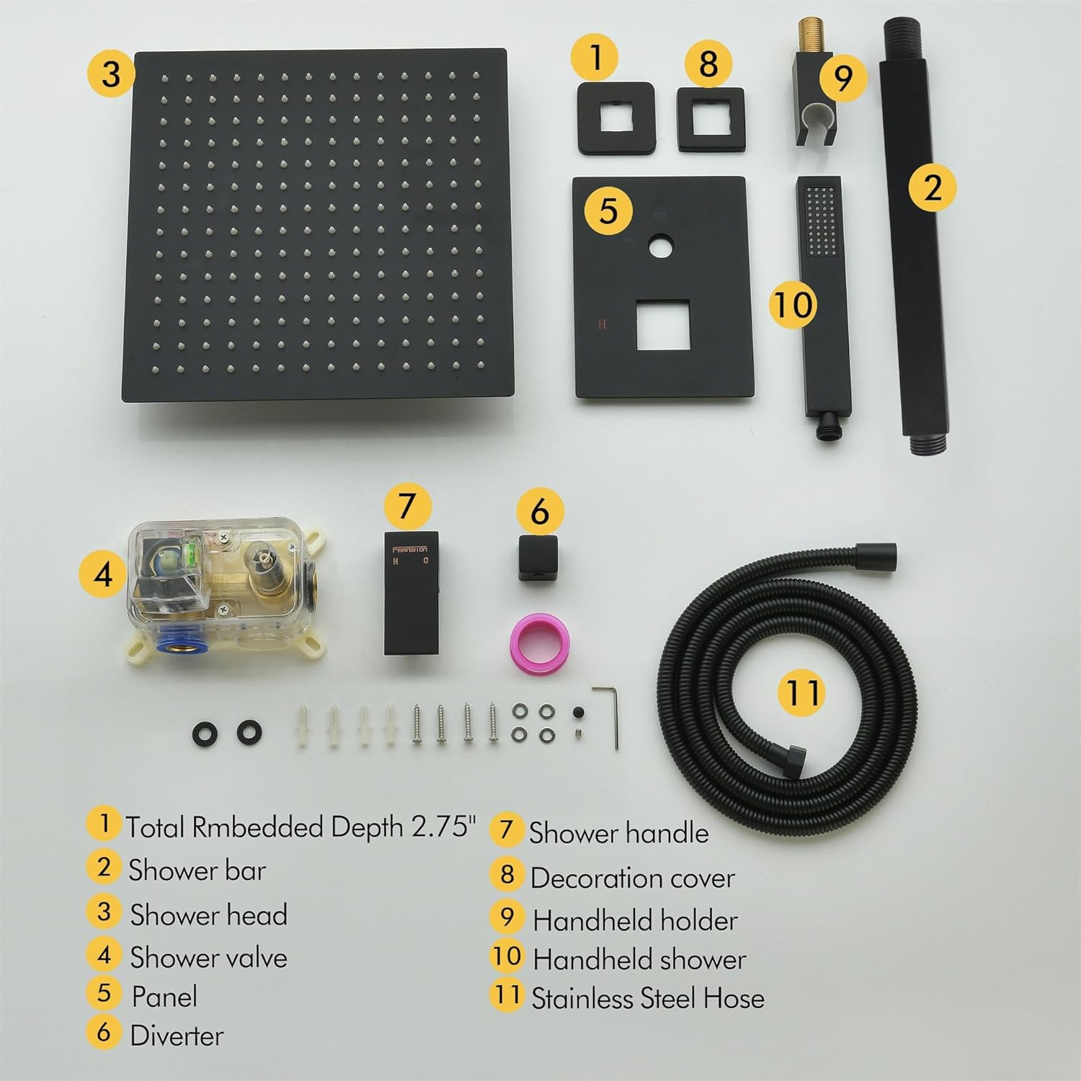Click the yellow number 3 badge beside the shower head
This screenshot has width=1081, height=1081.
[x=110, y=74]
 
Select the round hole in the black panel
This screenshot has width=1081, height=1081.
[x=659, y=248]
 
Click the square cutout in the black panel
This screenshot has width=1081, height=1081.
[x=663, y=326]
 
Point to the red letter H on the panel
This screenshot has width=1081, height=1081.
[x=602, y=324]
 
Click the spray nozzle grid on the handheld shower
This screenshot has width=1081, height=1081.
[x=822, y=221]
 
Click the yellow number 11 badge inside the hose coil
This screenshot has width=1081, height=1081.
[x=803, y=693]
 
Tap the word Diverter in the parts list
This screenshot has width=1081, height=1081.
[x=177, y=1036]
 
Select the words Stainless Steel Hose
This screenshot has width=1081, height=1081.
[x=648, y=998]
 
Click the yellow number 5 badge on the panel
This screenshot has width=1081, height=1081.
[x=609, y=210]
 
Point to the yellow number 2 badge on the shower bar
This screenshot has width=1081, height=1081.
[x=933, y=187]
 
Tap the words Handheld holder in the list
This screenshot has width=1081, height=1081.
[x=635, y=920]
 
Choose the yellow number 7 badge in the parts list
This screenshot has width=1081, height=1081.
[x=507, y=830]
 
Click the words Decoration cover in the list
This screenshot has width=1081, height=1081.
[x=633, y=878]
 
